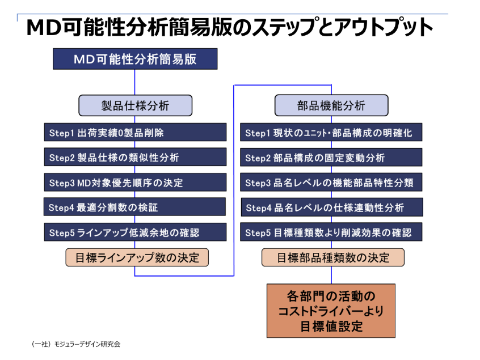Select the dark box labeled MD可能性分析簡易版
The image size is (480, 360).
135,59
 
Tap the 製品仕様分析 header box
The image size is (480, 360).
135,105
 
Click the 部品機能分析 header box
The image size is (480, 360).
331,105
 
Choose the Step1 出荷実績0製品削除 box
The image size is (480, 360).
135,133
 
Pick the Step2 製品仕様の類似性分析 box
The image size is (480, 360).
135,157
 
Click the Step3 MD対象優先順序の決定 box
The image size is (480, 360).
135,182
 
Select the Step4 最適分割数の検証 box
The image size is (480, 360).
135,207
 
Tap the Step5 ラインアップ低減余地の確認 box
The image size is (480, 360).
135,232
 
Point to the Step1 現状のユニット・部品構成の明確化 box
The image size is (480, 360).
331,133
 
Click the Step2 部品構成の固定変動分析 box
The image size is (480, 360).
331,157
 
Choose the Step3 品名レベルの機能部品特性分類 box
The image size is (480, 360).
331,182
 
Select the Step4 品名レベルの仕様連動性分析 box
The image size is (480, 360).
331,207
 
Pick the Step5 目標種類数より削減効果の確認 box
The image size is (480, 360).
331,232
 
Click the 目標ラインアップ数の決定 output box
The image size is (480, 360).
137,257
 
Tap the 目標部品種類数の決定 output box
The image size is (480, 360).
333,257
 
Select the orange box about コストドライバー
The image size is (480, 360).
331,311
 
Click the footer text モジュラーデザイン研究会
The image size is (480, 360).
76,344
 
